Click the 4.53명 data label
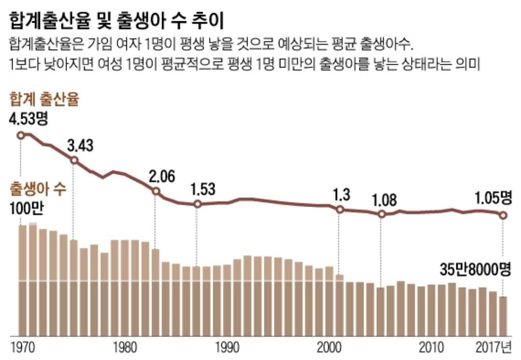coord(28,119)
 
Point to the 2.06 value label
coord(162,177)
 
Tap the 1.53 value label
coord(203,189)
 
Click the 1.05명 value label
coord(492,198)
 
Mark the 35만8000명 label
coord(475,269)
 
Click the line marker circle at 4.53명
coord(21,135)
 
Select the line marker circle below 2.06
coord(155,192)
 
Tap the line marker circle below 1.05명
coord(503,215)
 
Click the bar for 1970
coord(22,280)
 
